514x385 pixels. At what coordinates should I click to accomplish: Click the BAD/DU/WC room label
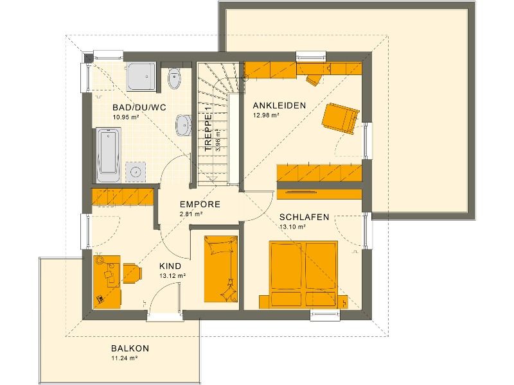point(139,108)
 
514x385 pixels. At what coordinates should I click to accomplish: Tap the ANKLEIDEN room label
point(279,105)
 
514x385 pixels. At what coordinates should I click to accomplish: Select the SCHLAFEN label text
point(304,217)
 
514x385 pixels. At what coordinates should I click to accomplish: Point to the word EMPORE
point(200,205)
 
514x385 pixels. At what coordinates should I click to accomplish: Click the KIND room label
point(170,266)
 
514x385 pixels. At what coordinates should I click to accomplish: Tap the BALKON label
point(130,348)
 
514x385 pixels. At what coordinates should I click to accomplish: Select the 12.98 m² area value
point(266,116)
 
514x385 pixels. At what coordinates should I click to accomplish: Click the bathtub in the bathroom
point(107,153)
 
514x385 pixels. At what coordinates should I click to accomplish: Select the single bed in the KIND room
point(220,268)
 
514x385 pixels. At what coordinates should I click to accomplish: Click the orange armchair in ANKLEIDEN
point(339,119)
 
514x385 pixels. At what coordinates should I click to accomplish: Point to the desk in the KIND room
point(107,279)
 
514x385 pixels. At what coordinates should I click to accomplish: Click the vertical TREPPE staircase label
point(208,133)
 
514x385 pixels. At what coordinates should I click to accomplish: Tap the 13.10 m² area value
point(292,227)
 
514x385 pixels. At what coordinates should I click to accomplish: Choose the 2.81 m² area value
point(191,214)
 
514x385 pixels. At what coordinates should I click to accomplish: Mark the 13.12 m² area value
point(173,276)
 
